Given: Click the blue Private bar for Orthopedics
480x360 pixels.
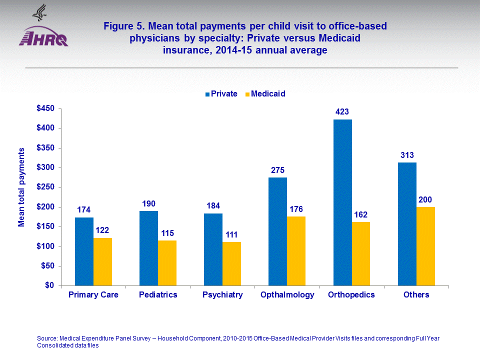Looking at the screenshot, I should [342, 202].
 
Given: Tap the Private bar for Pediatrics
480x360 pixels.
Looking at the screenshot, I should [148, 248].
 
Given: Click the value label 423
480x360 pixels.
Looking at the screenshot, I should [342, 112].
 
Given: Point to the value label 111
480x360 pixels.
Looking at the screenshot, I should [231, 234].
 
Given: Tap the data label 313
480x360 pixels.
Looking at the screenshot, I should [407, 155].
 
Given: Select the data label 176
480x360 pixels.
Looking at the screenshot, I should [296, 209].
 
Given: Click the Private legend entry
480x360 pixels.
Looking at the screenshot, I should [221, 93].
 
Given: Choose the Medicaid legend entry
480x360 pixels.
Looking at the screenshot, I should [264, 93].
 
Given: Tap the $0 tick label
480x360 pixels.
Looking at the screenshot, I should [48, 286].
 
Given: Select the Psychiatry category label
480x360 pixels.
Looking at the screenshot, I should [222, 295].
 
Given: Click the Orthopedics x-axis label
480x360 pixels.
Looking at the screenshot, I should [351, 295].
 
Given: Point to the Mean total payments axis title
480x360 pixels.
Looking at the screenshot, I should [21, 186].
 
